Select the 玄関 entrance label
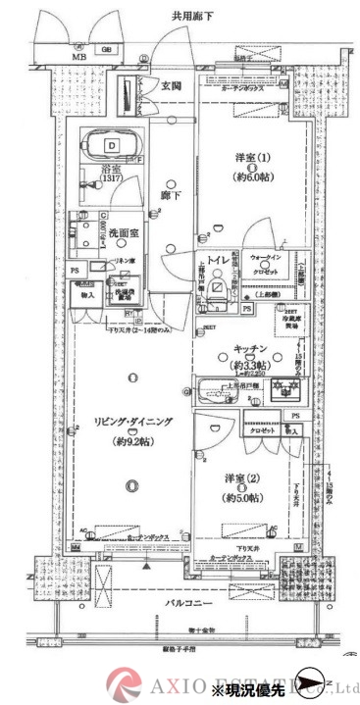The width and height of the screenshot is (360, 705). (173, 86)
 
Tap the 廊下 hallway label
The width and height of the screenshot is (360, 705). (166, 195)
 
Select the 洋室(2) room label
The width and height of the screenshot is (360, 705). (241, 480)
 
